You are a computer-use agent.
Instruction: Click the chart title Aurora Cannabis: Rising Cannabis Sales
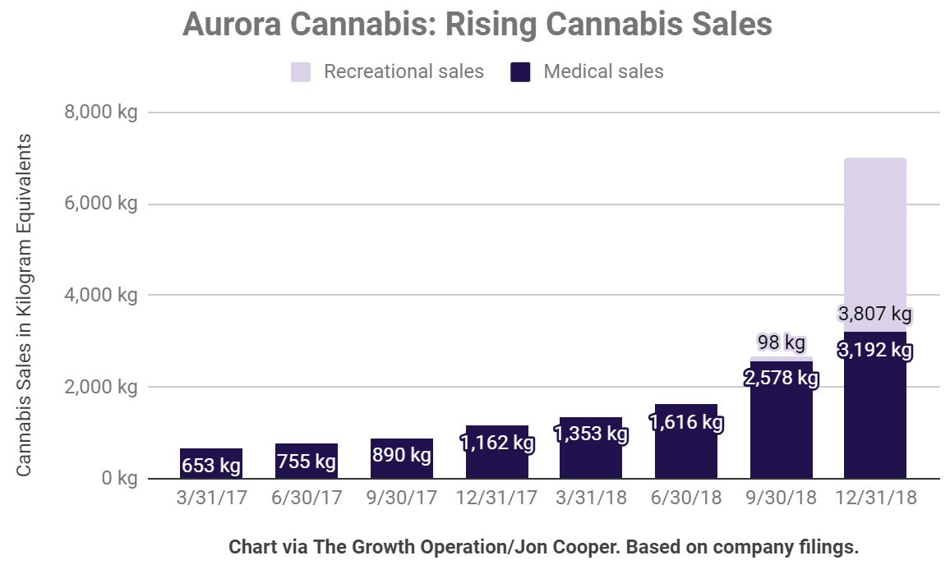point(477,25)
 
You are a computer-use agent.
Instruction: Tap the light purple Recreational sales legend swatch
point(301,71)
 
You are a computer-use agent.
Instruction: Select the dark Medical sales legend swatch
point(520,71)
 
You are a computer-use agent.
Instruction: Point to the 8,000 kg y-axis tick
point(101,112)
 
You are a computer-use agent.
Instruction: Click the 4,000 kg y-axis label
point(101,295)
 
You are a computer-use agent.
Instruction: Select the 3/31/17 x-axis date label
point(211,498)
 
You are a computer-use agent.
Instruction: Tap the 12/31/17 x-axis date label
point(496,498)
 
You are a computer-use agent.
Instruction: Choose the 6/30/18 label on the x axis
point(686,498)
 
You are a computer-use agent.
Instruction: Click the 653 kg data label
point(211,466)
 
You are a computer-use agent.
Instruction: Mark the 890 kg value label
point(401,455)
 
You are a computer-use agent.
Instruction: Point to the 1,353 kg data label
point(591,433)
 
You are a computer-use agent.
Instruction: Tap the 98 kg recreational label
point(781,342)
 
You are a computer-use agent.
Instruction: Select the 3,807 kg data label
point(875,314)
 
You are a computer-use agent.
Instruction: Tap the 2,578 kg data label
point(781,379)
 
